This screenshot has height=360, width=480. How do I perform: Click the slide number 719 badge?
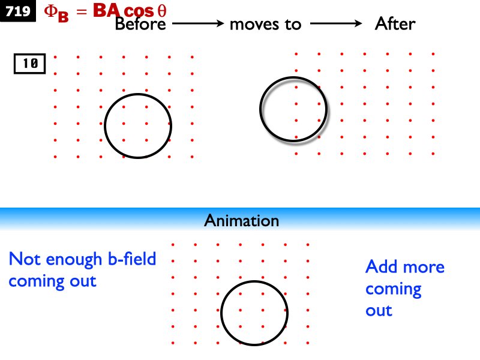[18, 11]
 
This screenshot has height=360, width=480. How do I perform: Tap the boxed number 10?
[29, 64]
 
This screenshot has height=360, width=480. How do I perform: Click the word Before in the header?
[140, 24]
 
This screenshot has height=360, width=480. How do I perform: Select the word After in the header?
[395, 23]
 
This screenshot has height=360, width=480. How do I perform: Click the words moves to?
[265, 25]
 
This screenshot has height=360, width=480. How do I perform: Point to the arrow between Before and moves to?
[198, 23]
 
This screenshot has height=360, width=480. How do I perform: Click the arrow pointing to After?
[336, 23]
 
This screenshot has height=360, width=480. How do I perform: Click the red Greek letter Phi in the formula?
[50, 11]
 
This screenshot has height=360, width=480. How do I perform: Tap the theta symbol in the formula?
[162, 11]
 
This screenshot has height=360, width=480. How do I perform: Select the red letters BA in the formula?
[107, 10]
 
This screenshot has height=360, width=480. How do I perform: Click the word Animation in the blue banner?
[242, 220]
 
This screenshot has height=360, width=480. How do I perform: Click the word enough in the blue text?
[74, 260]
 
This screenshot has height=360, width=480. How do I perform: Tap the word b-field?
[132, 259]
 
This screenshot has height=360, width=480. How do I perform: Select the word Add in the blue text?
[379, 266]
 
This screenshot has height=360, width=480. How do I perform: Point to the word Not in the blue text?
[25, 259]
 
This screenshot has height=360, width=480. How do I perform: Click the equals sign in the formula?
[82, 11]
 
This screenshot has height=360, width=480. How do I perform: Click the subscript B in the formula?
[63, 17]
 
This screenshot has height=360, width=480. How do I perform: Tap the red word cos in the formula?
[139, 11]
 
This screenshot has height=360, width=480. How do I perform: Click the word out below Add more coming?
[379, 311]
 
